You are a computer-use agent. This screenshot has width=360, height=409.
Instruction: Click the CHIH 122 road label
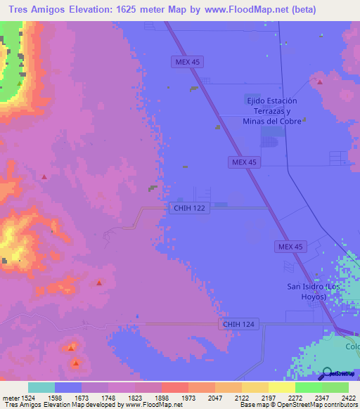[x=190, y=209]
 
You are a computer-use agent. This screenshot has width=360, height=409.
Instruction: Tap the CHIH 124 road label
[x=240, y=324]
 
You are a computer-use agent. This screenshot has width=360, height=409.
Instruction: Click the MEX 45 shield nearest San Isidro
[x=290, y=246]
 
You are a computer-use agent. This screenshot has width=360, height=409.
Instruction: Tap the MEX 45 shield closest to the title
[x=188, y=63]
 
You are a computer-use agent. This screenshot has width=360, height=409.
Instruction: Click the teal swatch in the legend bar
[x=41, y=387]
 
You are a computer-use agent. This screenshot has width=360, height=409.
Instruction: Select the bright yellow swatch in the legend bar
[x=282, y=387]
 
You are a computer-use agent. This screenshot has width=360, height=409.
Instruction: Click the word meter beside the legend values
[x=10, y=397]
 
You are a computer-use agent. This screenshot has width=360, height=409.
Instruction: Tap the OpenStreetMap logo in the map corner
[x=335, y=374]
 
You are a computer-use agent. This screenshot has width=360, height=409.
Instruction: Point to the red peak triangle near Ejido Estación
[x=320, y=82]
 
